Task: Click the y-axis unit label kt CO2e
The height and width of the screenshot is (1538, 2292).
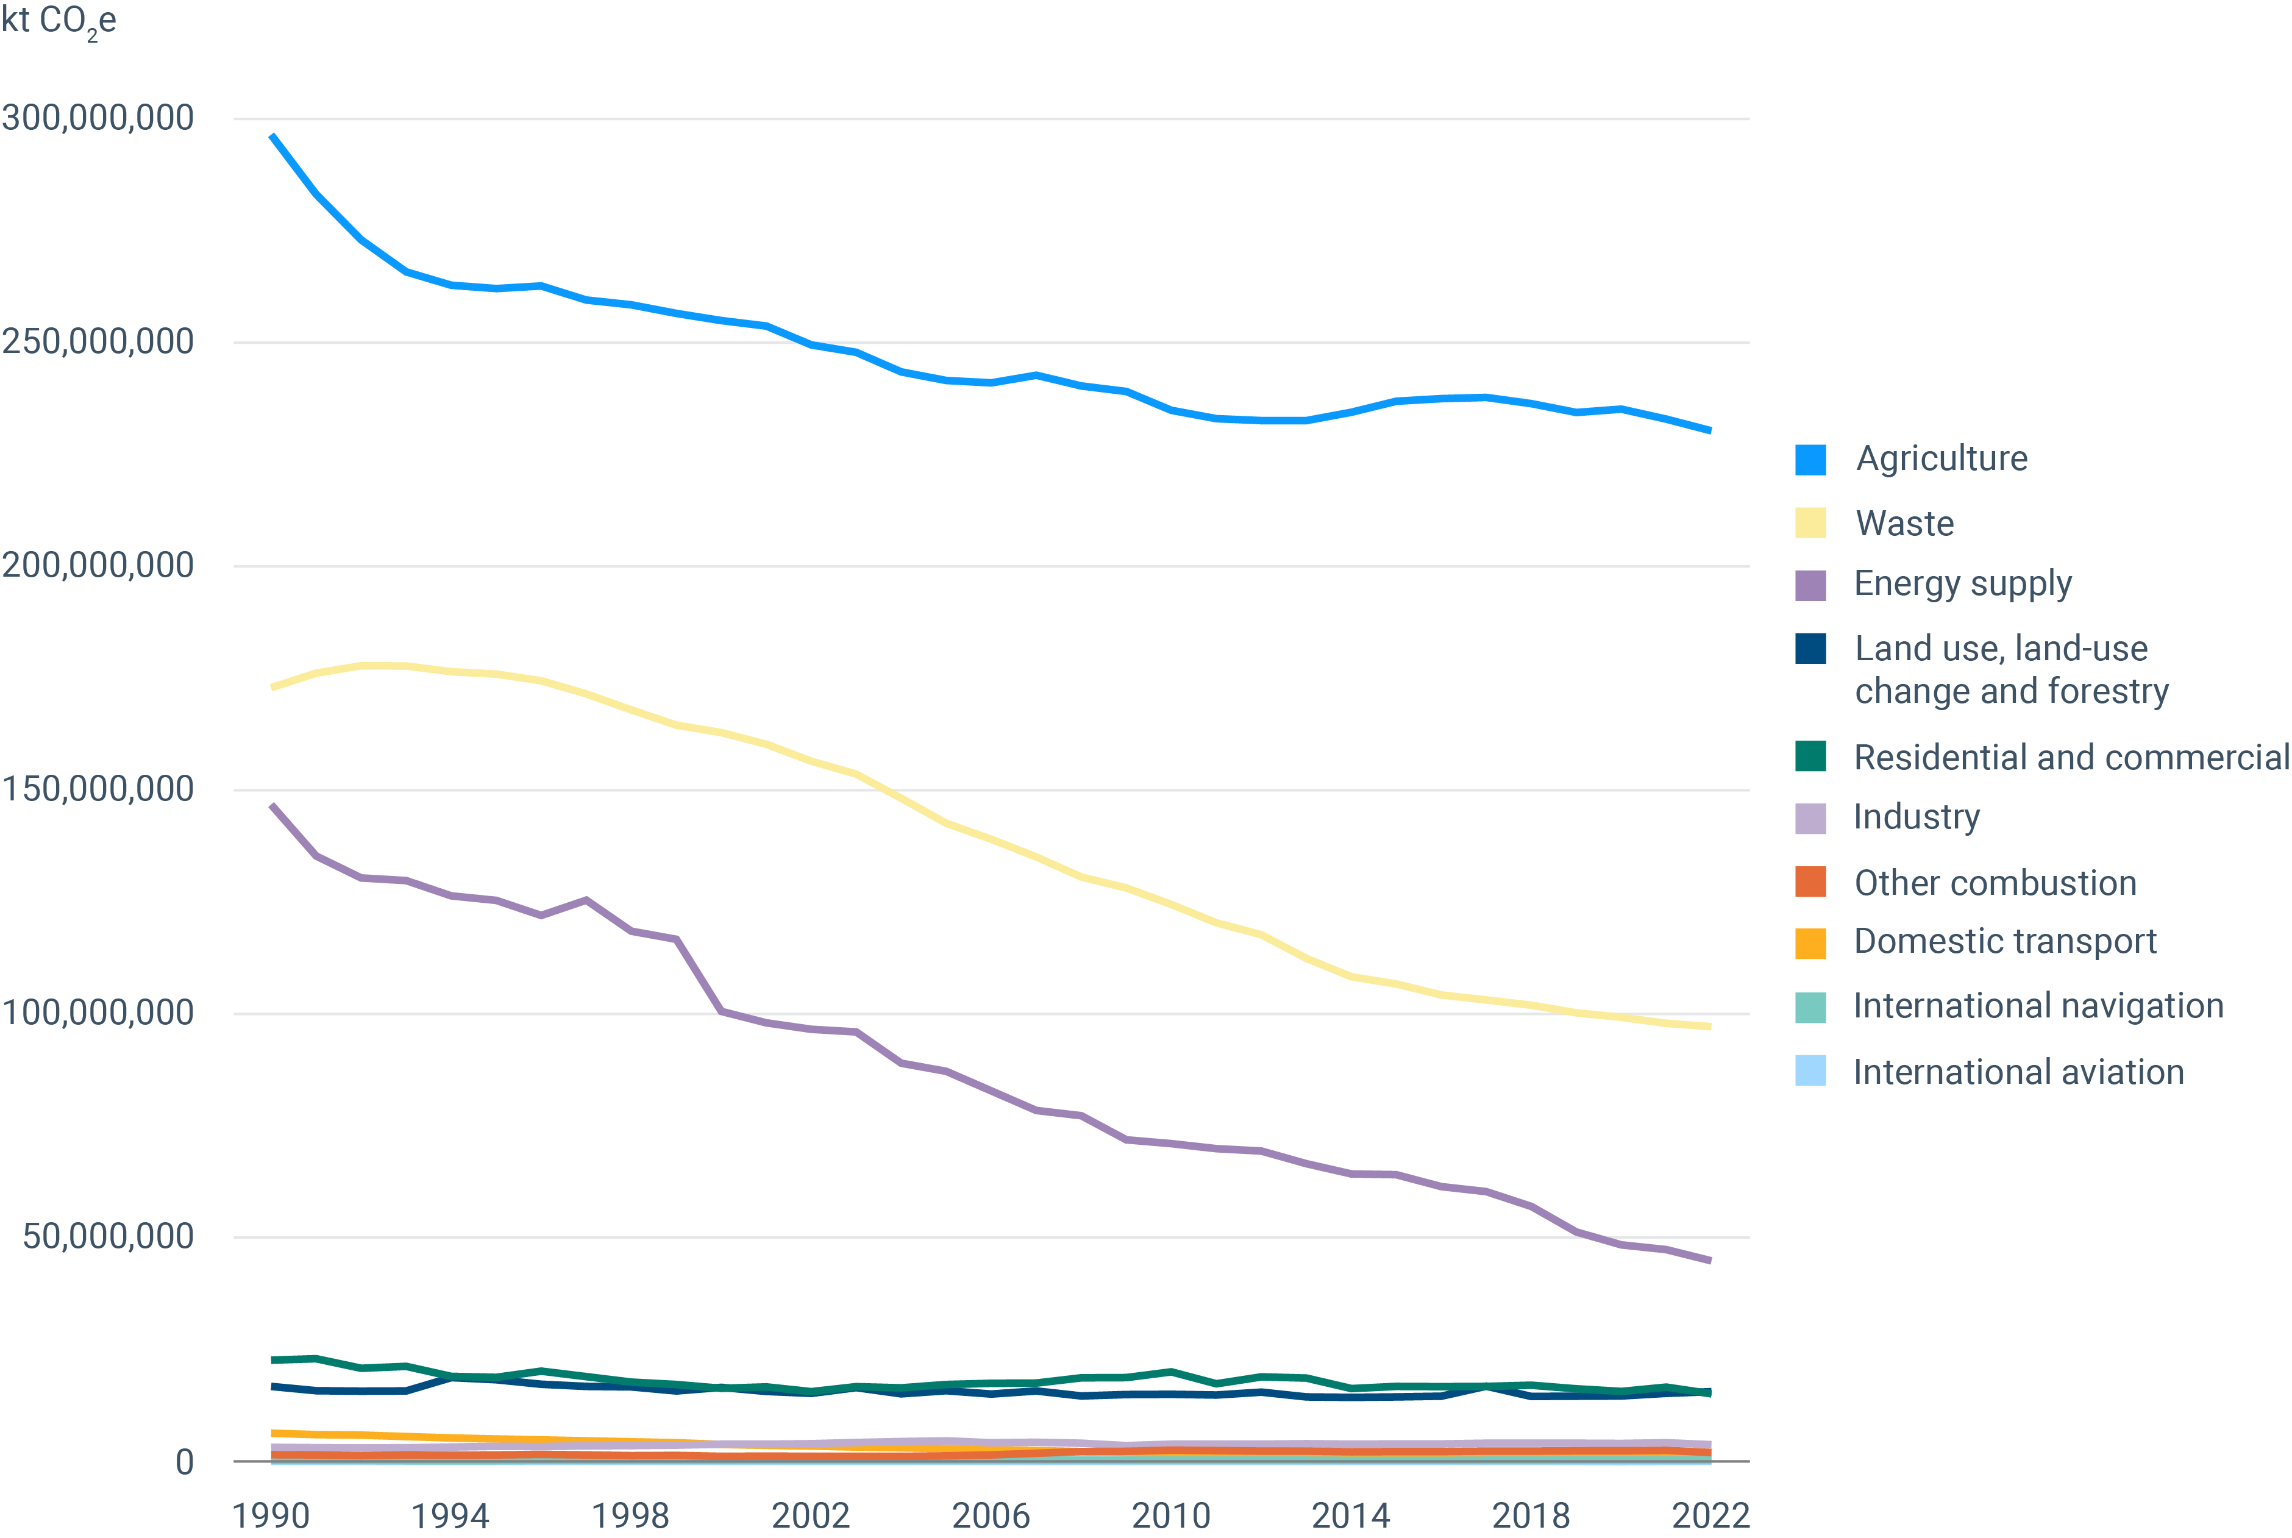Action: tap(59, 21)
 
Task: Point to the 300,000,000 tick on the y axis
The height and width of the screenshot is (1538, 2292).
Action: tap(98, 118)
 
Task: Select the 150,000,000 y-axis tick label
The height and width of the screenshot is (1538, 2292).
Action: tap(98, 789)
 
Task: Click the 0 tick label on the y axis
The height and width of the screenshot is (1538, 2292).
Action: tap(184, 1462)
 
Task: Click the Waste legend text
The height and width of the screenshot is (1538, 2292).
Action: tap(1904, 524)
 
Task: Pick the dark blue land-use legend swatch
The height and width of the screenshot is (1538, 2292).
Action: tap(1810, 649)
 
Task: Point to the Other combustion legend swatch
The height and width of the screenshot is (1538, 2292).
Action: tap(1810, 882)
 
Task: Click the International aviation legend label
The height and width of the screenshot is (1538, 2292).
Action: tap(2018, 1072)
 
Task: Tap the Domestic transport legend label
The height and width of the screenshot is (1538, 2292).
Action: tap(2005, 942)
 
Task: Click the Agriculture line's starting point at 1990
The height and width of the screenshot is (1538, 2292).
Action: tap(272, 135)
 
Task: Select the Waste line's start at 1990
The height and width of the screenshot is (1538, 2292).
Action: tap(272, 686)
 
